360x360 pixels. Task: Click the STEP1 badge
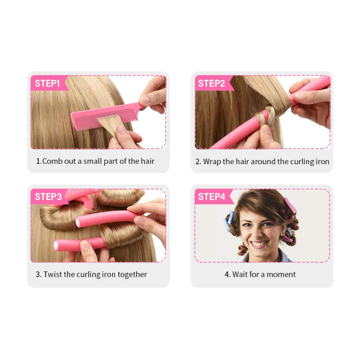[x=47, y=83]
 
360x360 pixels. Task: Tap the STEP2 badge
[x=211, y=83]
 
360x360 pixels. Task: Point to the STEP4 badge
[x=211, y=197]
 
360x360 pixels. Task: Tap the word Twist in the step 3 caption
[x=53, y=274]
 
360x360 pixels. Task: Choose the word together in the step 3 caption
[x=132, y=274]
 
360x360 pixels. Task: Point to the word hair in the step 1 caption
[x=147, y=161]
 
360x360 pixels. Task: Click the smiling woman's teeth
[x=259, y=243]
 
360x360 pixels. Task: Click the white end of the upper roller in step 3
[x=81, y=221]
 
